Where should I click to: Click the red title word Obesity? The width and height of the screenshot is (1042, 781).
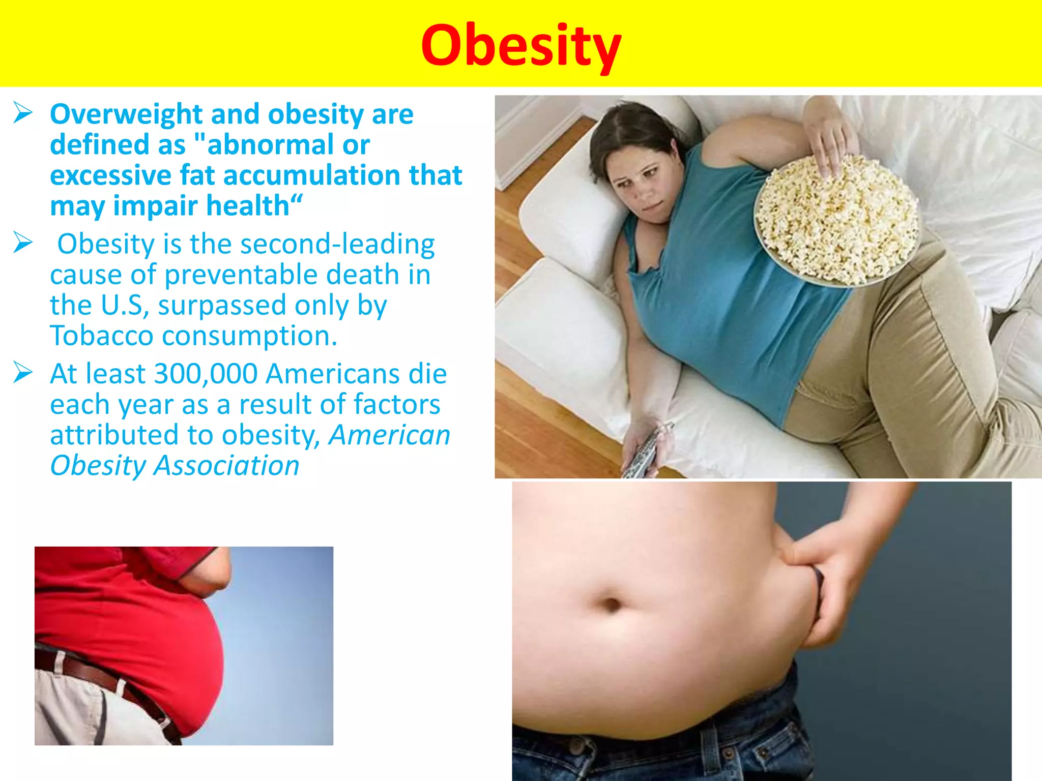520,46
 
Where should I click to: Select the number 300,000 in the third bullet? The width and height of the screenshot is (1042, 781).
206,374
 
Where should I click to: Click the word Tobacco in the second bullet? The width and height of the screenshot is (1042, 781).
101,336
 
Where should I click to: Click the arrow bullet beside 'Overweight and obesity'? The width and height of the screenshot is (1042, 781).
23,112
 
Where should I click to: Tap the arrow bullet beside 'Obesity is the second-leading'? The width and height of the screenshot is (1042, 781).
23,243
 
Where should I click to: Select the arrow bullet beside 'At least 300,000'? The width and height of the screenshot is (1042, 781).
23,372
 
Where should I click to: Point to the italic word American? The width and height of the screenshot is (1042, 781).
389,436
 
